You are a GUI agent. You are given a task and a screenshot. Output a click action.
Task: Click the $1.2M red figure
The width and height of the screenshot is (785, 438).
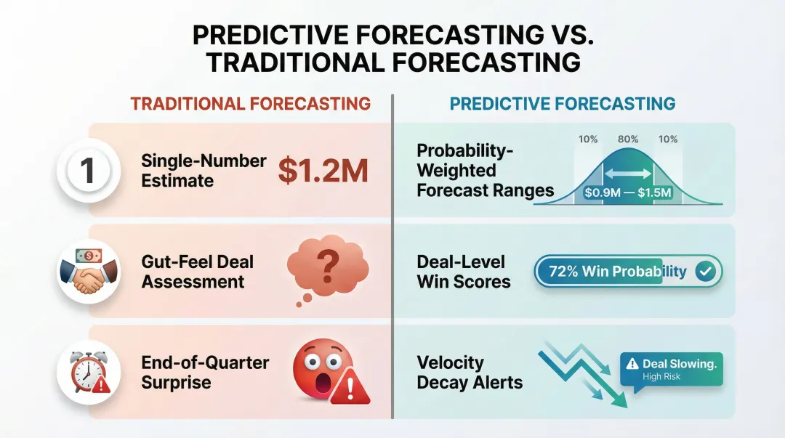coord(323,171)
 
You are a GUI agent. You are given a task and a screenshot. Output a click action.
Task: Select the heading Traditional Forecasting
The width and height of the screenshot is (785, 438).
coord(250,103)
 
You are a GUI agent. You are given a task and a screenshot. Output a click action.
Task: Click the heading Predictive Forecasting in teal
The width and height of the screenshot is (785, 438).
coord(563,103)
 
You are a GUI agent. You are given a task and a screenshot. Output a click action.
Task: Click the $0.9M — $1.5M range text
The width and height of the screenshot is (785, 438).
coord(627,194)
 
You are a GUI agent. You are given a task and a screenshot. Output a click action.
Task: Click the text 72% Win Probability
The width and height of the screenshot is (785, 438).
coord(617,272)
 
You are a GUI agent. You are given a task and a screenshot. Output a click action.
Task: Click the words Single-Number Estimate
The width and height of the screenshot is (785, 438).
coord(204,170)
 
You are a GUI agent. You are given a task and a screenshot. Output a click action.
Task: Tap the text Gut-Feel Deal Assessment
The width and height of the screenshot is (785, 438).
coord(198,272)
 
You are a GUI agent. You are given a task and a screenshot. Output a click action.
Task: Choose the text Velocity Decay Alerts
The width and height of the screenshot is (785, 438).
coord(470,372)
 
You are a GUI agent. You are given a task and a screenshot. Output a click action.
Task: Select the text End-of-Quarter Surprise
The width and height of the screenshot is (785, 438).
coord(204,372)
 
